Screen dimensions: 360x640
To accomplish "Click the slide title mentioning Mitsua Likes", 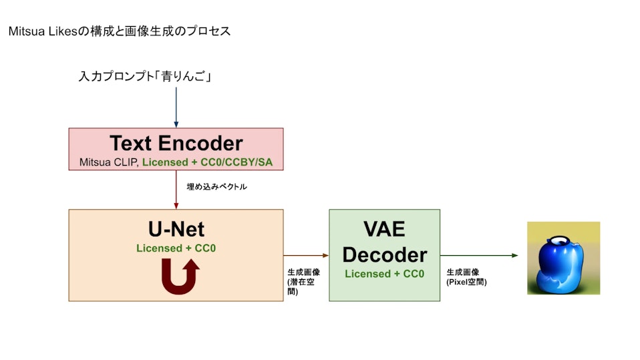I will click(x=120, y=31).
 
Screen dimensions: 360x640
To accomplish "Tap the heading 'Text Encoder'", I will click(x=176, y=143).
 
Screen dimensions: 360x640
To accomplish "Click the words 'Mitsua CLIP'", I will click(x=107, y=161).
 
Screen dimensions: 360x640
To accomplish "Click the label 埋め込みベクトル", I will click(x=216, y=187).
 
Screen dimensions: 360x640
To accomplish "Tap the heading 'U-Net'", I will click(x=176, y=230).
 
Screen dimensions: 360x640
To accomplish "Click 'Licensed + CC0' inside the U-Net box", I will click(x=176, y=248).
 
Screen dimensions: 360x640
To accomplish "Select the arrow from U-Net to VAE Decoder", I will click(x=306, y=255).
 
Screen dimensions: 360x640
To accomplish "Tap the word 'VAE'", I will click(x=384, y=228).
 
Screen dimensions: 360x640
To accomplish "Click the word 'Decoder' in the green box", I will click(x=384, y=254).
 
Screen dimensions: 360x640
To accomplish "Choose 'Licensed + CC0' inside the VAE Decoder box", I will click(x=384, y=274).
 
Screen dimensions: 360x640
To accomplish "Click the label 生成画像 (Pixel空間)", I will click(x=466, y=277).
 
